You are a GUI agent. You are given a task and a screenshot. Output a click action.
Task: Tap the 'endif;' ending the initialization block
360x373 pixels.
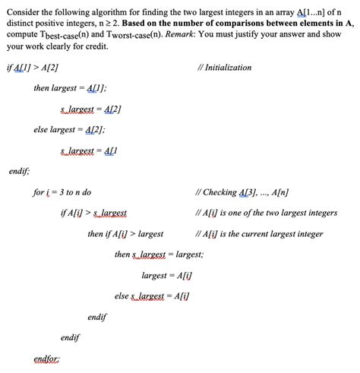coord(18,171)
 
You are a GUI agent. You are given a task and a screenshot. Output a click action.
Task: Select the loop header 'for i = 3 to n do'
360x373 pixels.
coord(62,192)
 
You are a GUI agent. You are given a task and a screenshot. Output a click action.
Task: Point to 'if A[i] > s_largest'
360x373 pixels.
coord(93,213)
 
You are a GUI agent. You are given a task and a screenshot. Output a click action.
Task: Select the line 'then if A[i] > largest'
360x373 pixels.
coord(125,234)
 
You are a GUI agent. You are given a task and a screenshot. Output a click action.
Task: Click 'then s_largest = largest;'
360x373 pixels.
coord(158,254)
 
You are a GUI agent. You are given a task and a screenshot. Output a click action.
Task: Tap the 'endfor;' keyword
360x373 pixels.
coord(47,358)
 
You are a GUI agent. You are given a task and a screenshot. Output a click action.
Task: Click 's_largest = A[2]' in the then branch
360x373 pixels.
coord(90,109)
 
